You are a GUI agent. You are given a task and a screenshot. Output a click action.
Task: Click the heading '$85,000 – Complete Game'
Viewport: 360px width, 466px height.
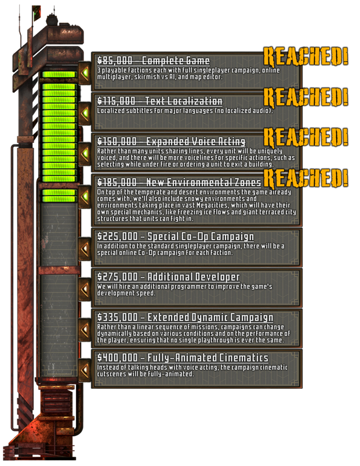(153, 61)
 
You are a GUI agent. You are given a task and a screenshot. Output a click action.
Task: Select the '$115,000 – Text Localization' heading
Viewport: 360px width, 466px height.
(159, 101)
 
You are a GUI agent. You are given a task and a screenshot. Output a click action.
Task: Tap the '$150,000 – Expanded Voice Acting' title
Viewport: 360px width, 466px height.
(171, 142)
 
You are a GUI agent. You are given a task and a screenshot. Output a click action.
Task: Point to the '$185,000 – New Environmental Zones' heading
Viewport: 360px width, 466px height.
(179, 183)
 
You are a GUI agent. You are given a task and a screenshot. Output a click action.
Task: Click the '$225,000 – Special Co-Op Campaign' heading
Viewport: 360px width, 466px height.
(175, 237)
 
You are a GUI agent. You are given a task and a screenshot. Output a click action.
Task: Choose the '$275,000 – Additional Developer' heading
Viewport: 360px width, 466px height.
(168, 277)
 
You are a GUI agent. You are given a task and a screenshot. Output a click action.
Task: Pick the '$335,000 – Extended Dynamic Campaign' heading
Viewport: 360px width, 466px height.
(185, 317)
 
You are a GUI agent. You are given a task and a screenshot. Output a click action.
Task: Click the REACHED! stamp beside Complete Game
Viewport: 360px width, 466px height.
(306, 56)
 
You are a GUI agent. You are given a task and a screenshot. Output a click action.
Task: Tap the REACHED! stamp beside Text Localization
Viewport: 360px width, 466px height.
(306, 97)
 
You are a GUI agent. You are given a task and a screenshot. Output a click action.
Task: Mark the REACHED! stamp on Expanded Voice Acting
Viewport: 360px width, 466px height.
(306, 137)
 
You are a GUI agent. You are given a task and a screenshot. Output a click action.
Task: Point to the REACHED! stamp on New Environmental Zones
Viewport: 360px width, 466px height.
(306, 178)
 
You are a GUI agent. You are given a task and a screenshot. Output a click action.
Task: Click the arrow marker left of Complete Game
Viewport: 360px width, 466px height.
(85, 71)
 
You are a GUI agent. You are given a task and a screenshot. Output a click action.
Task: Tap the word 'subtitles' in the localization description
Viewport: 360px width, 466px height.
(141, 110)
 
